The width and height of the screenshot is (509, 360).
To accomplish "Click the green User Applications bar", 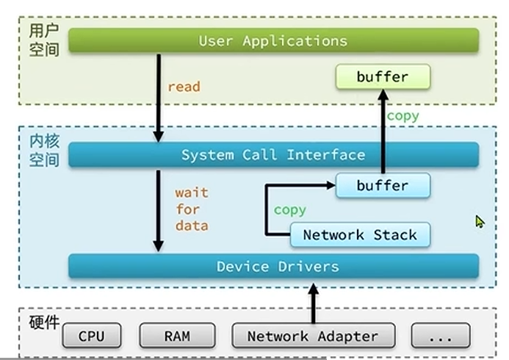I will coord(273,40).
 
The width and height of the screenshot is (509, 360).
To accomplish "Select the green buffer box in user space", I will coord(382,76).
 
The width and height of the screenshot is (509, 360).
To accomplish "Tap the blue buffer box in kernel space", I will coord(382,186).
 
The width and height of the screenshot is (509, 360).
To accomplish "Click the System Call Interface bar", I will coord(273,155).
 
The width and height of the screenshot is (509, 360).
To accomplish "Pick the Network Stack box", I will coord(360,235).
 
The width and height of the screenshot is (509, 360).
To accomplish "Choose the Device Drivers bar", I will coord(273,266).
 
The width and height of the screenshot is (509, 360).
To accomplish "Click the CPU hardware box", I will coord(91,336).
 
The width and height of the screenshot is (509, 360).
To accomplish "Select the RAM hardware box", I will coord(177,336).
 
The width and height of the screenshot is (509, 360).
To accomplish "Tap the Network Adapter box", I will coord(312,336).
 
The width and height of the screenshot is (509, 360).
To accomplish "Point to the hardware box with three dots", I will coord(439,336).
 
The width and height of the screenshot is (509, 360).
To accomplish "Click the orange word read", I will coord(184,87).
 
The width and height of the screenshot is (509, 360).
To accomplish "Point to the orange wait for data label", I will coord(191,209).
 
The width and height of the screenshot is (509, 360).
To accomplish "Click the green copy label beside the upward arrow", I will coord(402,116).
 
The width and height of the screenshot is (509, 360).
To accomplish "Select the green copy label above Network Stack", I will coord(289,210).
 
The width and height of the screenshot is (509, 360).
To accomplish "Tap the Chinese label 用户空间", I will coord(43,41).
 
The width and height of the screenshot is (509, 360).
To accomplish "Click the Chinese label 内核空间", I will coord(43,150).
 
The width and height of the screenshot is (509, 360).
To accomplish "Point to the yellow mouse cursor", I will coord(480,221).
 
